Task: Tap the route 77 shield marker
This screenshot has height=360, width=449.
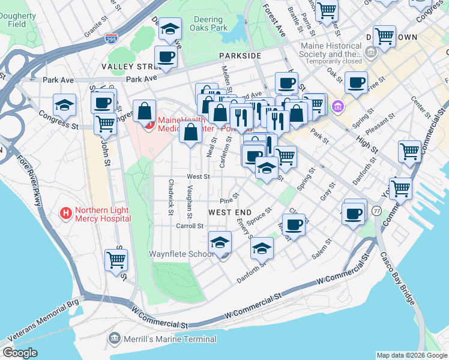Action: pyautogui.click(x=376, y=211)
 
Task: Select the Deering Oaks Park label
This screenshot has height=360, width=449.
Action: pyautogui.click(x=211, y=23)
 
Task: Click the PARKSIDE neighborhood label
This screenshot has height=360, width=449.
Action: pyautogui.click(x=240, y=55)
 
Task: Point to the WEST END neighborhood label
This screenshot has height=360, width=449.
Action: pyautogui.click(x=230, y=212)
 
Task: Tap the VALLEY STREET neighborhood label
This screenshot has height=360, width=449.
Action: pyautogui.click(x=128, y=66)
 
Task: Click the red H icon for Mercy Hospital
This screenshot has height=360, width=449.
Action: pyautogui.click(x=66, y=212)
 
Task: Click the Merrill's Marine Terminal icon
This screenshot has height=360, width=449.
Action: pyautogui.click(x=114, y=340)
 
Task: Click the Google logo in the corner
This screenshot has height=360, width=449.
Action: pyautogui.click(x=19, y=353)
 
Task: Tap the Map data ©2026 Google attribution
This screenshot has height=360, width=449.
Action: pyautogui.click(x=411, y=355)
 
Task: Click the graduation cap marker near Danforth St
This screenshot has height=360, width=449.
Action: pyautogui.click(x=262, y=247)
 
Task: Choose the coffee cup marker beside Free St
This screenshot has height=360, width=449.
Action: pyautogui.click(x=356, y=82)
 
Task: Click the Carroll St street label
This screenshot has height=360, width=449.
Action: pyautogui.click(x=190, y=226)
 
